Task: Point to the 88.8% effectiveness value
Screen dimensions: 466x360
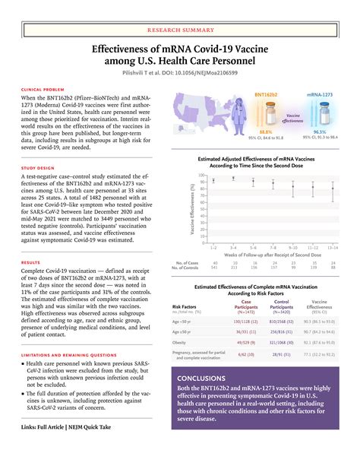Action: (x=266, y=132)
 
